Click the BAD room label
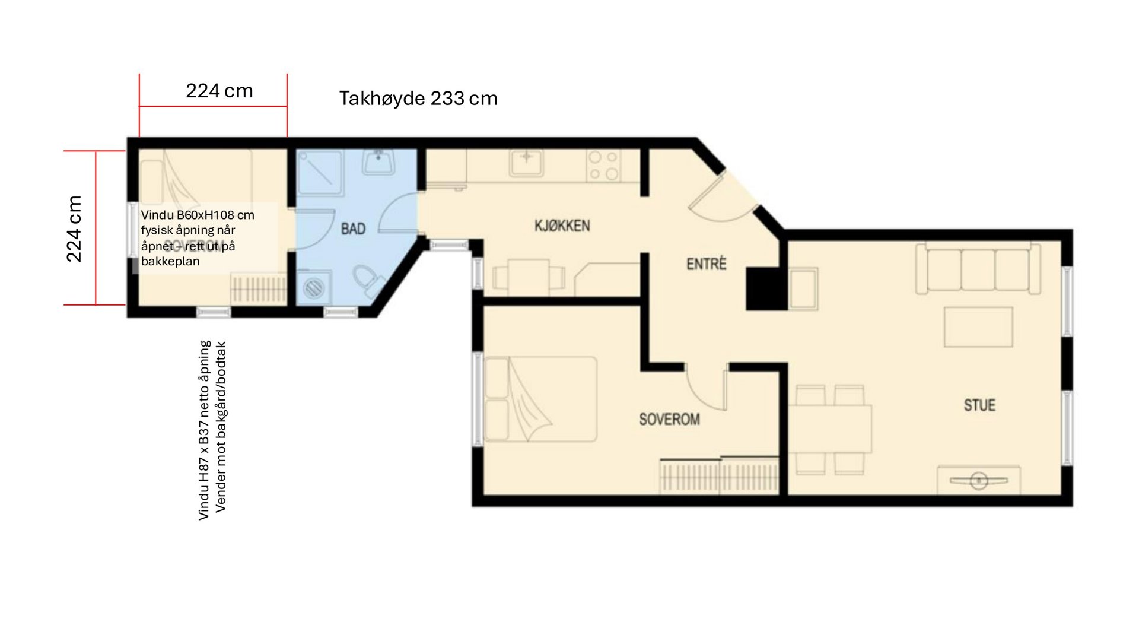pos(353,229)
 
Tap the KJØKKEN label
pos(562,226)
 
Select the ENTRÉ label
pos(706,264)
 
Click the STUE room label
pos(979,405)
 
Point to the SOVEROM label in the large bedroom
pos(669,419)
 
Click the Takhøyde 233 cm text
pos(418,98)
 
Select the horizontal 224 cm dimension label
pos(219,91)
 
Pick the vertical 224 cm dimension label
pos(74,229)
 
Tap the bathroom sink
pos(378,161)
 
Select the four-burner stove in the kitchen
pos(603,166)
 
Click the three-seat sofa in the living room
pos(978,268)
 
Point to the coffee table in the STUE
pos(978,326)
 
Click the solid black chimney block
pos(765,289)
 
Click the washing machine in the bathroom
pos(313,287)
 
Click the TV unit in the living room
pos(978,480)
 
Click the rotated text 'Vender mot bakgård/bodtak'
pos(221,426)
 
